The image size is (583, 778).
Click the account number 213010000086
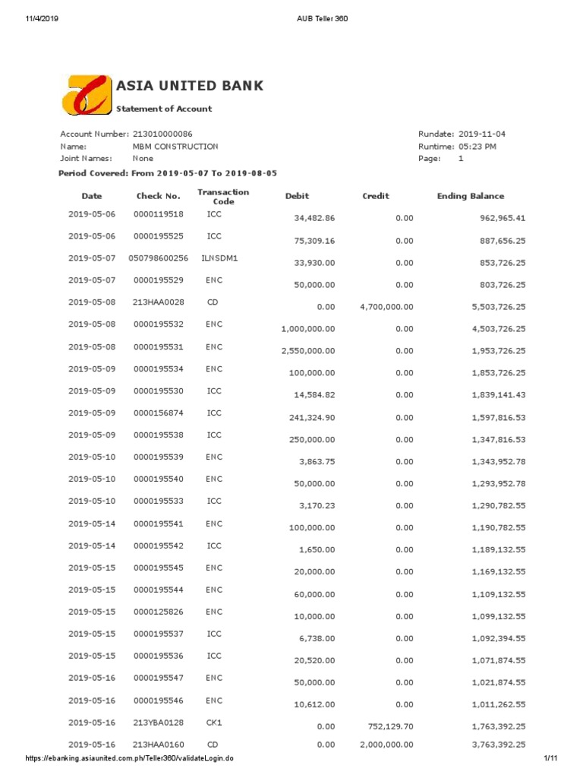(x=162, y=134)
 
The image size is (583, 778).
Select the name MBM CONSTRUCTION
(x=175, y=146)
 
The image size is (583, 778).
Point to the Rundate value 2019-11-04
(x=482, y=134)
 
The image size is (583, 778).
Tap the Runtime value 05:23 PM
(x=477, y=146)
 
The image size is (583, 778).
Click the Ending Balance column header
(x=471, y=196)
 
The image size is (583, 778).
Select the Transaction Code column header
(x=223, y=196)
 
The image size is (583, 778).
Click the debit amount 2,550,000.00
(x=308, y=351)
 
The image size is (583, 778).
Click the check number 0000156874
(x=159, y=413)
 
